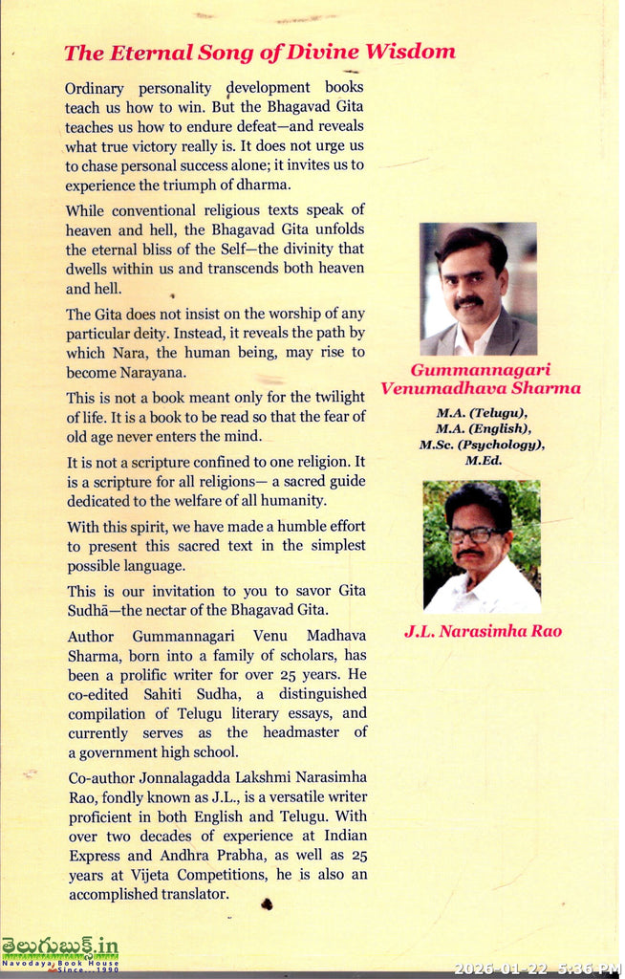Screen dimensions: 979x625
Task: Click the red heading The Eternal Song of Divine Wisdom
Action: point(260,52)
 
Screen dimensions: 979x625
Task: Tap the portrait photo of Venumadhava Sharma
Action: point(478,289)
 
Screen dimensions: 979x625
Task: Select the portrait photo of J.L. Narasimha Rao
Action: point(482,546)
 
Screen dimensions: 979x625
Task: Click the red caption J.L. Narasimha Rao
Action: point(482,631)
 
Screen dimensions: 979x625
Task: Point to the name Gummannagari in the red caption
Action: point(482,369)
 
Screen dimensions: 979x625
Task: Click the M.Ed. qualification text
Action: point(482,461)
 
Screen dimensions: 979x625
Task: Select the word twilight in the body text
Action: point(332,397)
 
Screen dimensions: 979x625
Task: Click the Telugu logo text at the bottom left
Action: point(59,946)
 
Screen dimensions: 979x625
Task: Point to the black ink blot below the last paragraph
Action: point(267,903)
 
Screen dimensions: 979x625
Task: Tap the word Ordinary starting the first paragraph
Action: point(98,88)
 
